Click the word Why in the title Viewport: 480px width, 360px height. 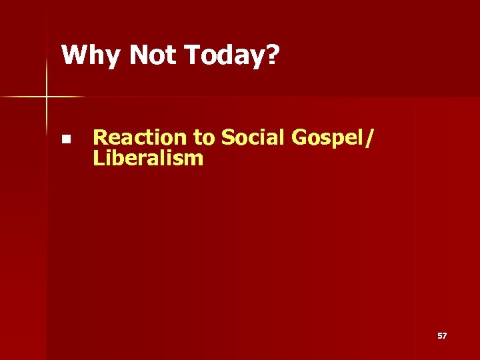tap(92, 55)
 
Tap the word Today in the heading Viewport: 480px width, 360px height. tap(224, 55)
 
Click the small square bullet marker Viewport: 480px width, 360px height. tap(65, 139)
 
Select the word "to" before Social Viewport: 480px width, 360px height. tap(203, 137)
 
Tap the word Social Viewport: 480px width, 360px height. tap(251, 137)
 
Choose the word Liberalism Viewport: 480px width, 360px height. tap(148, 159)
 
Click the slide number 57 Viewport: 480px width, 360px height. tap(442, 336)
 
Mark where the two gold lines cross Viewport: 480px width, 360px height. tap(47, 97)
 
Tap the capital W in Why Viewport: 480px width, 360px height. tap(73, 55)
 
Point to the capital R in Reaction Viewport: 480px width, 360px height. tap(100, 137)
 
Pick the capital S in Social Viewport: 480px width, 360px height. tap(227, 137)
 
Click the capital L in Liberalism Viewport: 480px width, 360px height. tap(98, 159)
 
